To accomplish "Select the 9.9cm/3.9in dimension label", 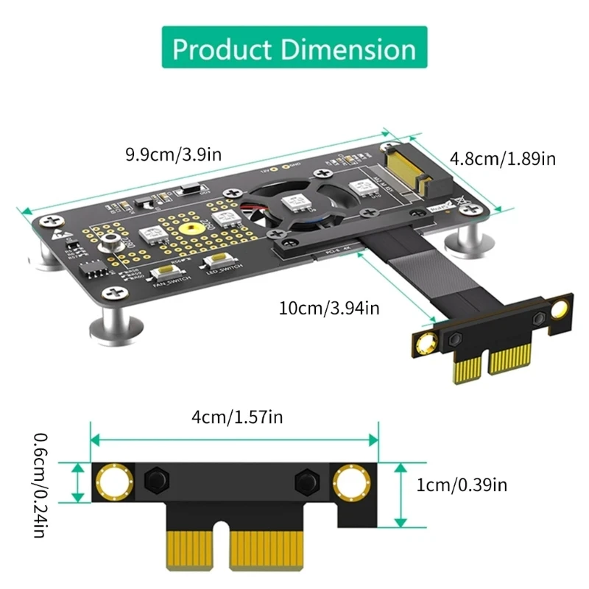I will click(x=170, y=155).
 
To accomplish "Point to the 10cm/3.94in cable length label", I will click(x=329, y=308).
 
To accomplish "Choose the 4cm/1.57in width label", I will click(x=237, y=417).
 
